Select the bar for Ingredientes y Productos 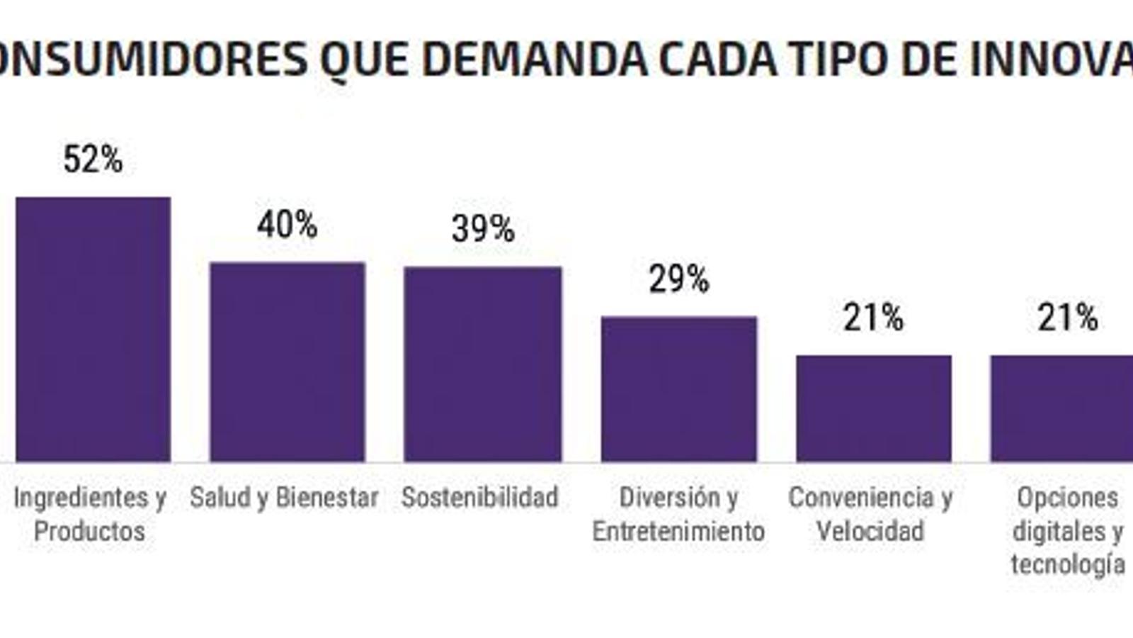tap(93, 330)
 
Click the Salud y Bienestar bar tap(287, 362)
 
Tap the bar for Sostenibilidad tap(482, 364)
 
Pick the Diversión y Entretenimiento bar tap(678, 389)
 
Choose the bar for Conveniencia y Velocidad tap(873, 408)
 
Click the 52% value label tap(93, 159)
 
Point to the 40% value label tap(287, 225)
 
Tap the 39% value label tap(483, 229)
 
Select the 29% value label tap(678, 279)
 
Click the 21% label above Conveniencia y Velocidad tap(873, 318)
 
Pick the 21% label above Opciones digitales tap(1067, 318)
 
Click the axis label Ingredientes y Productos tap(90, 514)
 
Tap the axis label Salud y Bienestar tap(284, 498)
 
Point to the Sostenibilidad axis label tap(479, 498)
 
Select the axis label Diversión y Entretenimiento tap(678, 514)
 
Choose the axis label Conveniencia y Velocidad tap(870, 514)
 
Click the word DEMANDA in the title tap(535, 60)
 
